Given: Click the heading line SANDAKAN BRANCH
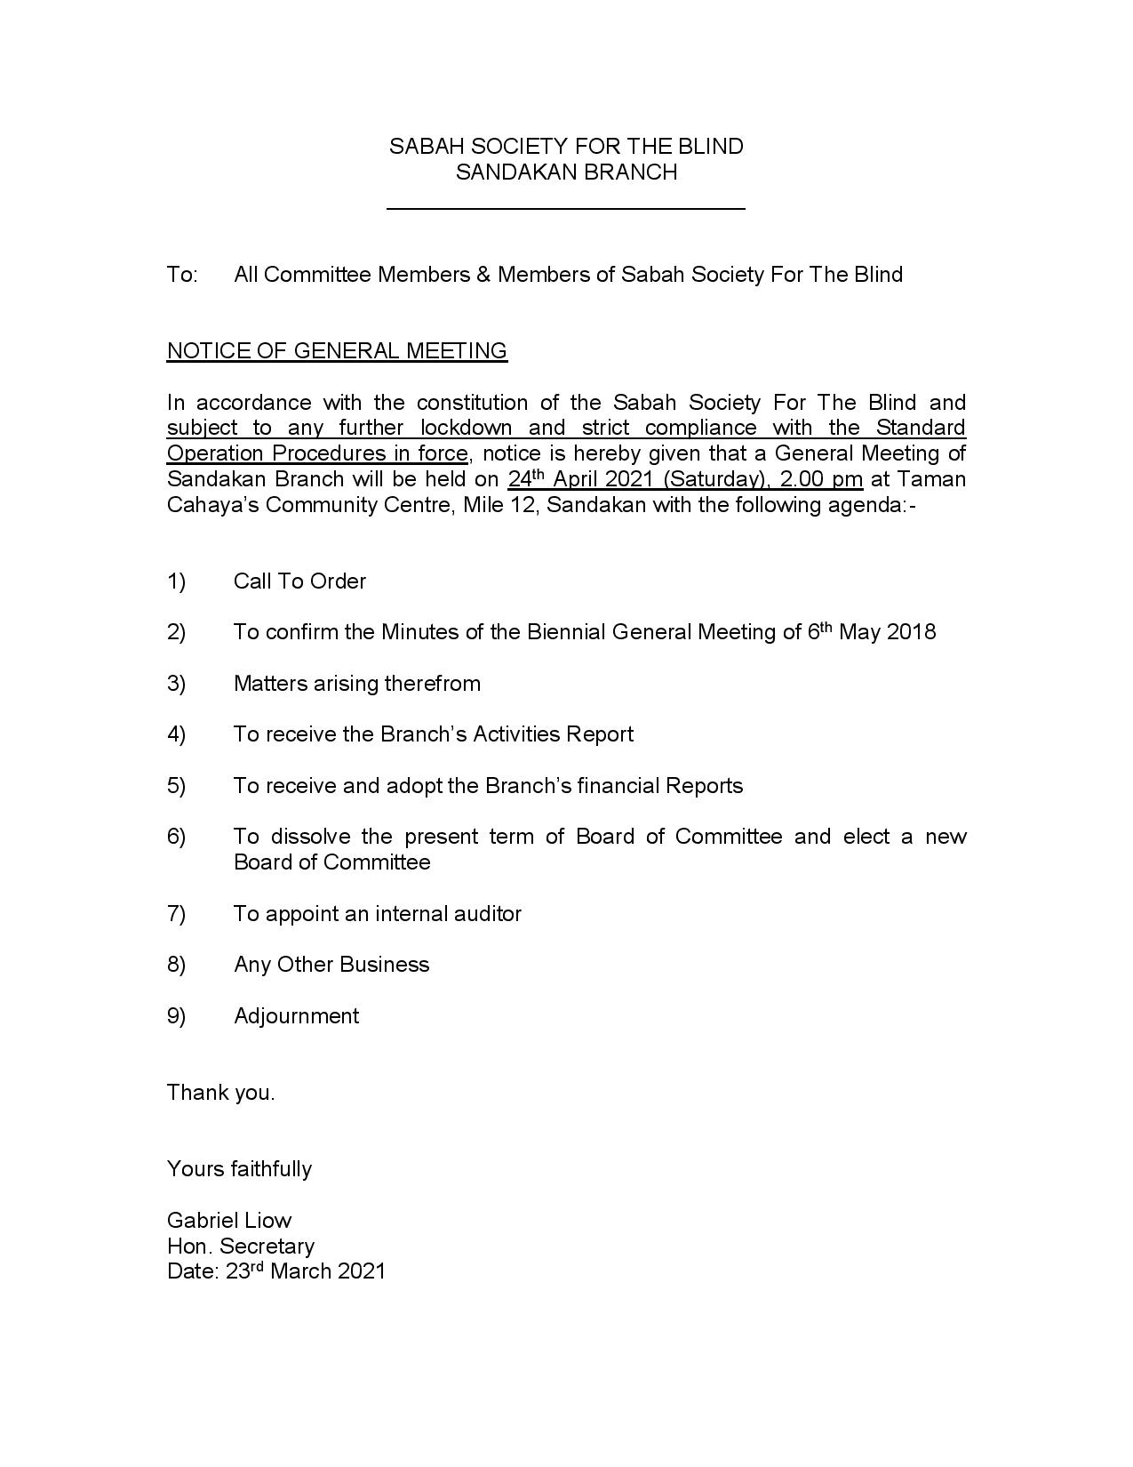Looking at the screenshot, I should (x=566, y=172).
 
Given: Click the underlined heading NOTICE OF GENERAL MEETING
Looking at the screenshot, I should (x=337, y=351).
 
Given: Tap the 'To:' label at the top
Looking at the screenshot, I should (x=182, y=275).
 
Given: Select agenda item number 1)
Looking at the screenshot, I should (x=176, y=581).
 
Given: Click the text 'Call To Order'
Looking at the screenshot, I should (x=299, y=581).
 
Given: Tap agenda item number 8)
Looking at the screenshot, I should (x=176, y=965).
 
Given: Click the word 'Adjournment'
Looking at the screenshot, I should (x=296, y=1016).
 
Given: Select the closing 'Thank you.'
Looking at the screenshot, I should (x=221, y=1093).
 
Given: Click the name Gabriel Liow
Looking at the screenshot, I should (x=229, y=1221).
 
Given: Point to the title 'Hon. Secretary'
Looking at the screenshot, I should (x=241, y=1247).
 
